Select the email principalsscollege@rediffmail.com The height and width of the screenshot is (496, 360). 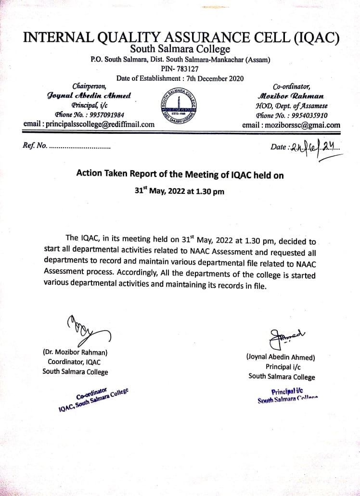pos(89,124)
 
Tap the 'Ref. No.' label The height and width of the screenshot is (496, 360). pos(35,145)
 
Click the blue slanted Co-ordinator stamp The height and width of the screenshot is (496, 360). pos(94,400)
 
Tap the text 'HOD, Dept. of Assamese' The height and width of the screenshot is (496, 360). pos(292,106)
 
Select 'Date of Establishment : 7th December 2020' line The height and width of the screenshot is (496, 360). pos(180,78)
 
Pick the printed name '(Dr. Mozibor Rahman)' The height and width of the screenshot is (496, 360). pos(75,352)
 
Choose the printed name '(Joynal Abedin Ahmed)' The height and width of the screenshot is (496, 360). pos(281,357)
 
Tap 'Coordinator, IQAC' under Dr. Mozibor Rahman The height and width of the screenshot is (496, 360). pos(74,362)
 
